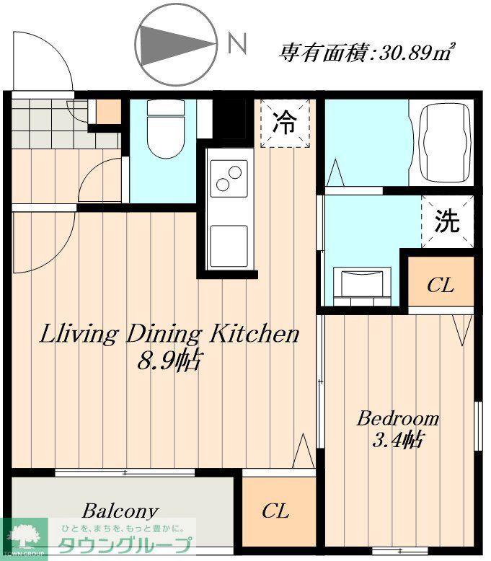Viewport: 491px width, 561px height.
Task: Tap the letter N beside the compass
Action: [236, 45]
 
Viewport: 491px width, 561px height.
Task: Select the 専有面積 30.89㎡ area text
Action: [367, 52]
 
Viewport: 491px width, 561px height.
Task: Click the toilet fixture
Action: [166, 130]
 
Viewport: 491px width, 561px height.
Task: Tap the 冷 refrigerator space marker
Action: [285, 123]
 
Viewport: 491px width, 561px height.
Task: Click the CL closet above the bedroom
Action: [440, 285]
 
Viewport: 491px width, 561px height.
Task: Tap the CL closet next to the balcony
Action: [275, 512]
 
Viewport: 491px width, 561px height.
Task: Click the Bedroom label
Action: [398, 418]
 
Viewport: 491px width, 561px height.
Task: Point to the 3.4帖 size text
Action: [397, 439]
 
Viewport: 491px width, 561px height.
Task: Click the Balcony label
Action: [120, 511]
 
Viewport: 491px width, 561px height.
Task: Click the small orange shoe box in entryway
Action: [109, 111]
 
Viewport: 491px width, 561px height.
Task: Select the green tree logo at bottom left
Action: [24, 537]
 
